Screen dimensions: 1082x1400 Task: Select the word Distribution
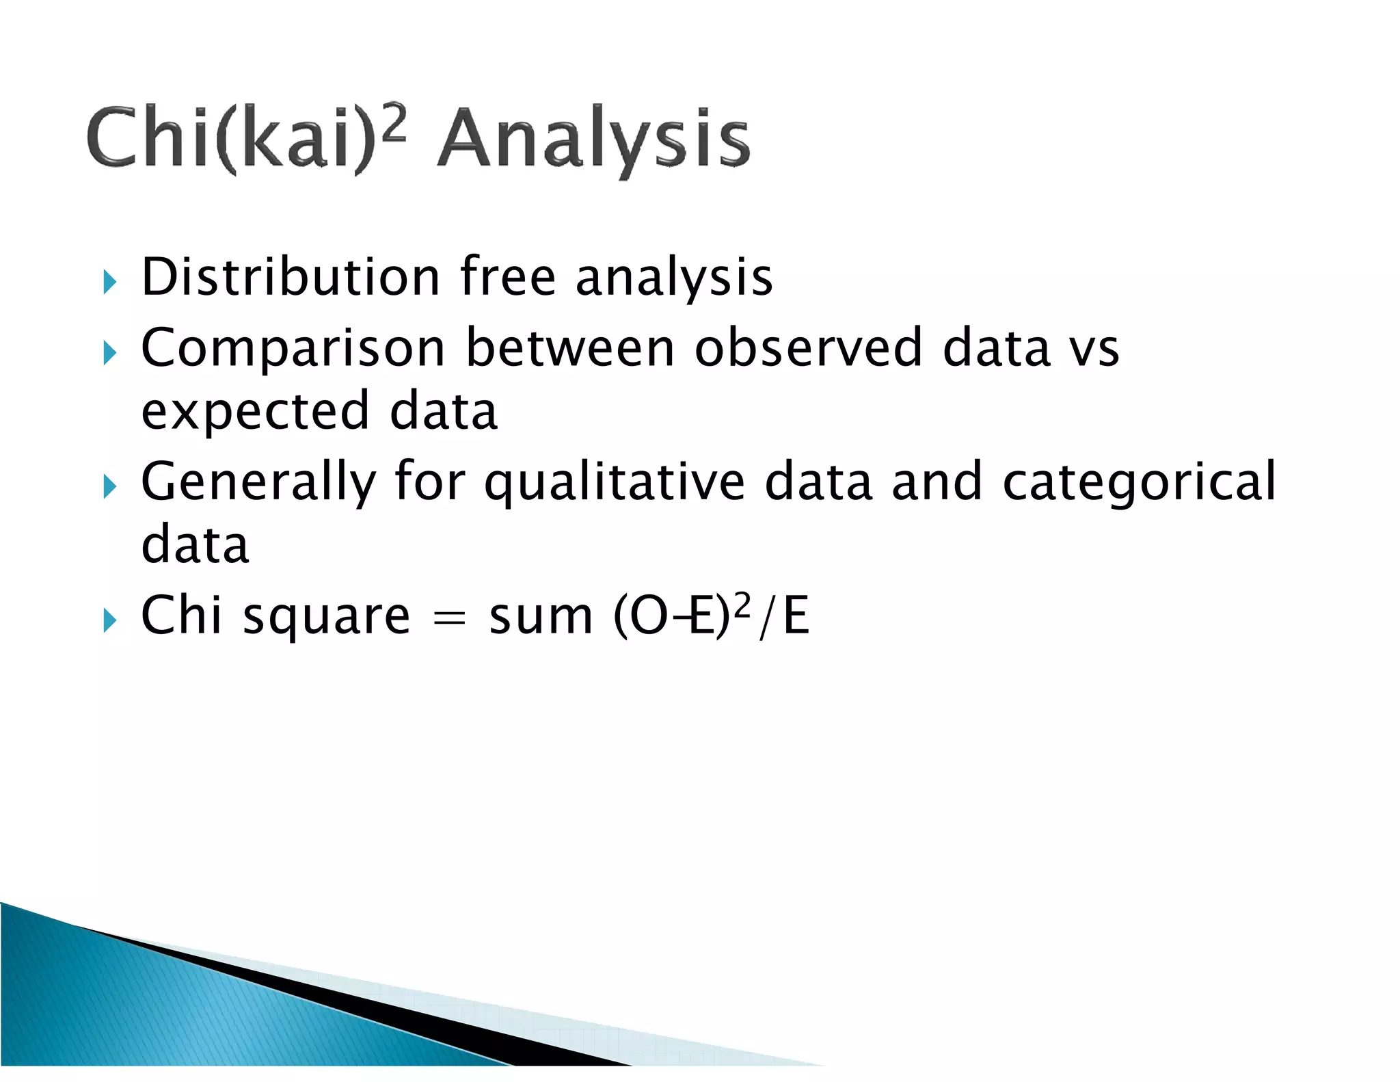coord(291,277)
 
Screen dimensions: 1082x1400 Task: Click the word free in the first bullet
coord(508,277)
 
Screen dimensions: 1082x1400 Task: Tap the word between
coord(570,347)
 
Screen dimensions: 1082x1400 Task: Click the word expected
coord(256,412)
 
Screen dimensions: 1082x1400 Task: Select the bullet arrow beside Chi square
coord(110,620)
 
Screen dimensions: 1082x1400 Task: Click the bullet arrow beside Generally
coord(110,487)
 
